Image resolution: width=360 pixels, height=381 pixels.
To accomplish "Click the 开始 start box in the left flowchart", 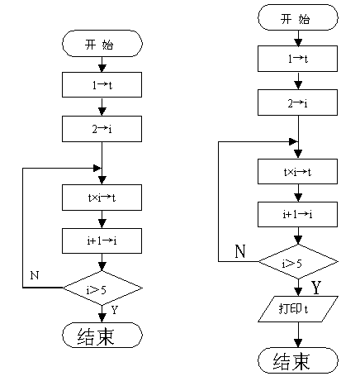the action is (102, 44).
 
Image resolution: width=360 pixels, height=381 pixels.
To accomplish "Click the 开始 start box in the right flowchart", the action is (298, 17).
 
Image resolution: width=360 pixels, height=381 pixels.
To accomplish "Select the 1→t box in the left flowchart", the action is (102, 85).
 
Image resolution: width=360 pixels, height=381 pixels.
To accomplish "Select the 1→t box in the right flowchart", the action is (297, 59).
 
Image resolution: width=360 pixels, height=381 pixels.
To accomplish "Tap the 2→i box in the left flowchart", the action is (102, 129).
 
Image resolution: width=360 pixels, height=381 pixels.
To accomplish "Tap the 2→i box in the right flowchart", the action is (297, 102).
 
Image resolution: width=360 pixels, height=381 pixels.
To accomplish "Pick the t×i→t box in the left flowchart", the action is (102, 198).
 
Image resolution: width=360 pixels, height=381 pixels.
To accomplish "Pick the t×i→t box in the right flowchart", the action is (297, 171).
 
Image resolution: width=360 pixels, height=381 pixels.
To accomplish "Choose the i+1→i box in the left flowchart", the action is (102, 241).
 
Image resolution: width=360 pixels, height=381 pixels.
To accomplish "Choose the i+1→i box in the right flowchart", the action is (297, 214).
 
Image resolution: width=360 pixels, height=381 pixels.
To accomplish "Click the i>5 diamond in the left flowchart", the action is (102, 288).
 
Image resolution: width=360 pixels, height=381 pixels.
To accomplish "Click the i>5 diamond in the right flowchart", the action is (298, 262).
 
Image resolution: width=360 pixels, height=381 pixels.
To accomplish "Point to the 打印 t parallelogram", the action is (298, 309).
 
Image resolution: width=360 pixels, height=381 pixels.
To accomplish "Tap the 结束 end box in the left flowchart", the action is (102, 336).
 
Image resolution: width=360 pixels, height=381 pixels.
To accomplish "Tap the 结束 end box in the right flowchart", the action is (298, 360).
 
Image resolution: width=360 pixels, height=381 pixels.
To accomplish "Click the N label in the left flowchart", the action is (35, 275).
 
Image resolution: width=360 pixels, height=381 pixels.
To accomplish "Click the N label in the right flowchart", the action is (240, 251).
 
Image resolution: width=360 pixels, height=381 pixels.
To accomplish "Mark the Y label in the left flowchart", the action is (115, 310).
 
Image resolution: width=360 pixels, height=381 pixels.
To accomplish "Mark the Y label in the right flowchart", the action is (316, 288).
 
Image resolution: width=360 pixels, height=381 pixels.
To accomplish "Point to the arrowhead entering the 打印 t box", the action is (298, 292).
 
